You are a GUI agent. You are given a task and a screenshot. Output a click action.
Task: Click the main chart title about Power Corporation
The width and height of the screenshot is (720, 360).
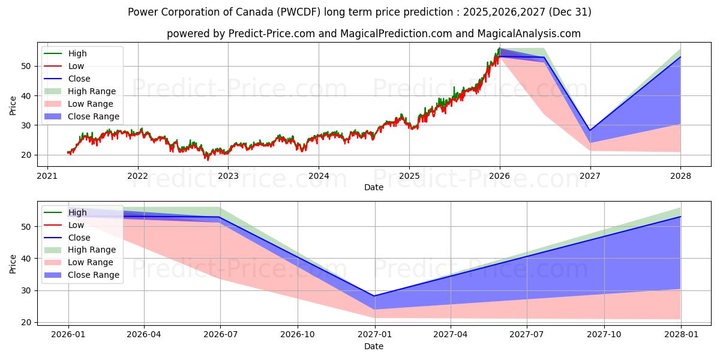point(359,12)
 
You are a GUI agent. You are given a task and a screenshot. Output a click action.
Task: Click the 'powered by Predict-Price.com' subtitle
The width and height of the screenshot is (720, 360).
point(373,34)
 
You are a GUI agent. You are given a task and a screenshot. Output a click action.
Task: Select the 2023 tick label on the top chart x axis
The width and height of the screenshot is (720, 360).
point(228,176)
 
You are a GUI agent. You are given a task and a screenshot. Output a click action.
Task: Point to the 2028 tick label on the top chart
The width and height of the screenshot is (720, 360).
point(680,176)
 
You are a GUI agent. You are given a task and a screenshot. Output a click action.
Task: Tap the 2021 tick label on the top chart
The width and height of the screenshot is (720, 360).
point(47,176)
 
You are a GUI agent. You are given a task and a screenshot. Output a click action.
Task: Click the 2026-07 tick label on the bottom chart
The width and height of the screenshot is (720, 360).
point(220,334)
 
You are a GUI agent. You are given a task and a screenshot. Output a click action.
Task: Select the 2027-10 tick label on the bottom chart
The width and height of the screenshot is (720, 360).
point(604,334)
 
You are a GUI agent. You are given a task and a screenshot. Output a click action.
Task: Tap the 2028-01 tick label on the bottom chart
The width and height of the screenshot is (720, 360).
point(680,334)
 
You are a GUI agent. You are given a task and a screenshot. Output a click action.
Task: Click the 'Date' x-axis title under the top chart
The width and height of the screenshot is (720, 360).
point(373,188)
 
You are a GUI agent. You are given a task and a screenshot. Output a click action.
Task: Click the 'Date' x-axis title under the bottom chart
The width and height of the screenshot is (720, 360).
point(373,346)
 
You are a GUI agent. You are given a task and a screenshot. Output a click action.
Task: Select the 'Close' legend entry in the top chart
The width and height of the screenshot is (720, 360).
point(79,79)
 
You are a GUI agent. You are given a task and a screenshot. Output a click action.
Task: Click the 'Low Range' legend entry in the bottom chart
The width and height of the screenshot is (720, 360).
point(91,262)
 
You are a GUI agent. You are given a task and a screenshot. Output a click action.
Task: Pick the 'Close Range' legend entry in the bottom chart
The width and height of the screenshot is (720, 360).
point(93,275)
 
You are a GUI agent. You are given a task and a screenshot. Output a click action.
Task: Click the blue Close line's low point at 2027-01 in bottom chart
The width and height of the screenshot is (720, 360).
point(375,296)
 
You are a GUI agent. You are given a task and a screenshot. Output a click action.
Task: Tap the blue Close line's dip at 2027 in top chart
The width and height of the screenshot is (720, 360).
point(590,130)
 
